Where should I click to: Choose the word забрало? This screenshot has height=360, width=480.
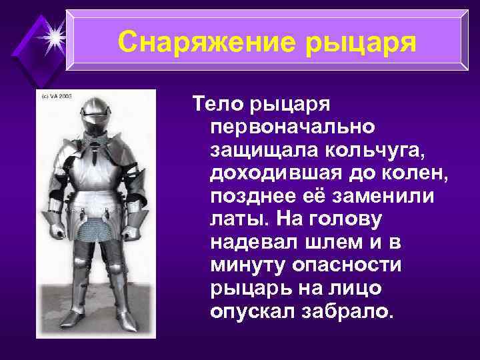342,312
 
